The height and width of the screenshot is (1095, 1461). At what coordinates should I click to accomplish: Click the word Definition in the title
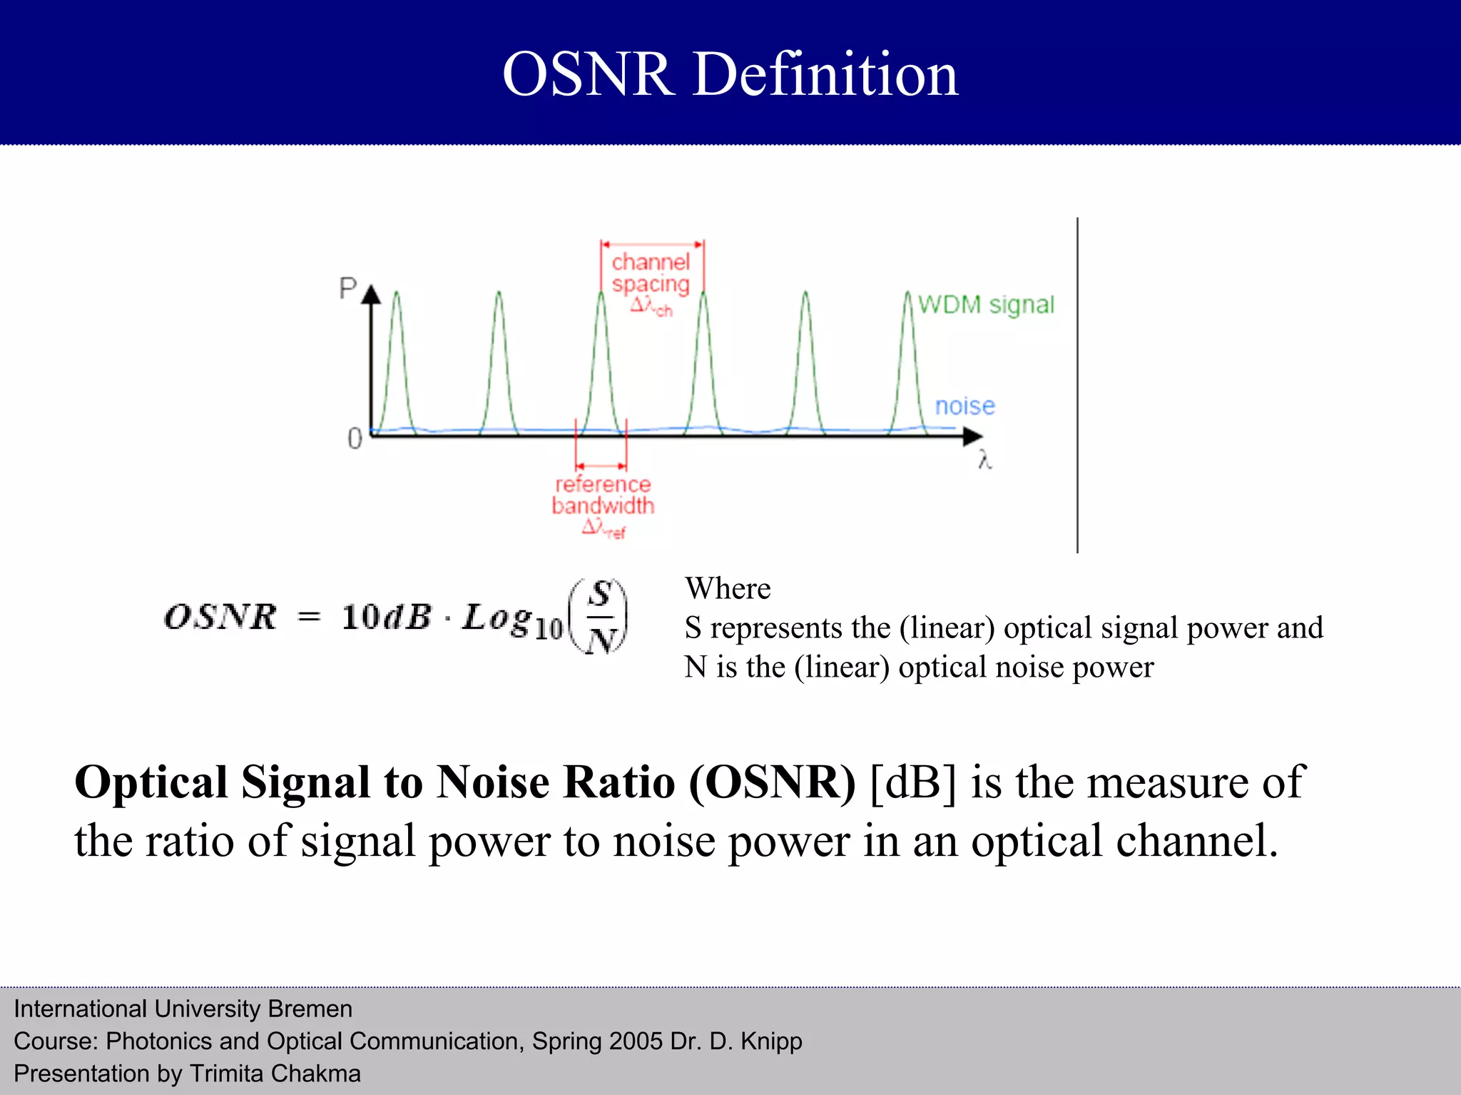click(x=825, y=74)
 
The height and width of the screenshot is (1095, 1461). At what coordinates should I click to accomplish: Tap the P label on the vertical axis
click(x=347, y=288)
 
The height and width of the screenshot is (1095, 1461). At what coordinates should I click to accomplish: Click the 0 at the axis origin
click(x=355, y=438)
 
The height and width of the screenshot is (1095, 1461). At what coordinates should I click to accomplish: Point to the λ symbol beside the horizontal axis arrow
click(x=985, y=459)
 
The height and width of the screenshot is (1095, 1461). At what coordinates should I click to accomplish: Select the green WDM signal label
click(x=985, y=305)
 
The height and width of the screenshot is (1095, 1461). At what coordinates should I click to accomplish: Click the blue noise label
click(x=964, y=405)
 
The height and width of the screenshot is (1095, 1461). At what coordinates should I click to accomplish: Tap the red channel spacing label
click(x=651, y=273)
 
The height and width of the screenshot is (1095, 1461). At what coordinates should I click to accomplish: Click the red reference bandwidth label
click(x=603, y=495)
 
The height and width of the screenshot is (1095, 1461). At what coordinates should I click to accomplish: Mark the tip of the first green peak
click(x=397, y=293)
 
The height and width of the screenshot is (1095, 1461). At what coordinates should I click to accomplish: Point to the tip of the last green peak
click(x=907, y=293)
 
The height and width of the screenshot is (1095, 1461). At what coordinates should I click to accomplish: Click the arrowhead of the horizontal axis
click(x=973, y=435)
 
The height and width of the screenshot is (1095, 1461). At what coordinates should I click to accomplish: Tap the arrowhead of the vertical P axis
click(x=371, y=294)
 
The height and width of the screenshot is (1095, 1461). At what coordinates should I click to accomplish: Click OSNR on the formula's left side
click(x=220, y=617)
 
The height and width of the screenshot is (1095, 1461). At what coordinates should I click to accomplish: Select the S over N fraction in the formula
click(x=601, y=617)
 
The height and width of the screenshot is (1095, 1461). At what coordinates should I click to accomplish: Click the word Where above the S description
click(x=728, y=589)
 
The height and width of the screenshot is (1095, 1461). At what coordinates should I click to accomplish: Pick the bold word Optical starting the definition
click(x=151, y=782)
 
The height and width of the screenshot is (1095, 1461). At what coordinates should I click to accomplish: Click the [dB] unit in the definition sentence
click(x=913, y=782)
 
